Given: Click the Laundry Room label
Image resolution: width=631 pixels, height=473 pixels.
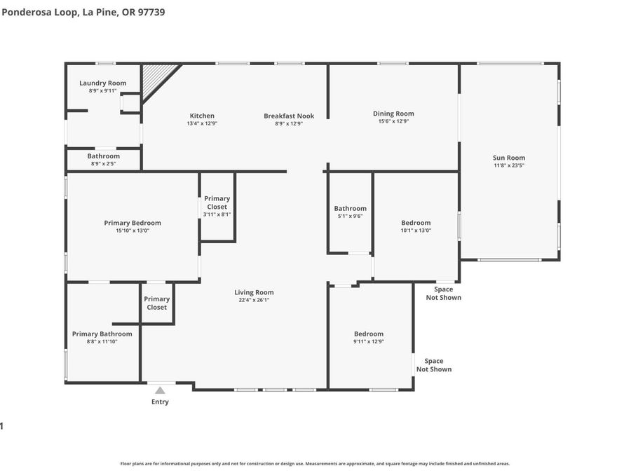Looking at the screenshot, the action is pos(102,83).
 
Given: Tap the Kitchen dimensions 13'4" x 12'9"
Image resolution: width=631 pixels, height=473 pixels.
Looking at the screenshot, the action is pos(202,123).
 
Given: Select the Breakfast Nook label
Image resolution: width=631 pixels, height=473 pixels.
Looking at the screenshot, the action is pos(289,116).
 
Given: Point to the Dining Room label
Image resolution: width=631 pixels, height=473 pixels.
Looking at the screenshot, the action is pos(393,114).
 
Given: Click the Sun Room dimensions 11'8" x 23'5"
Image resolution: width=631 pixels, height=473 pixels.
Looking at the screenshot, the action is pos(509,165).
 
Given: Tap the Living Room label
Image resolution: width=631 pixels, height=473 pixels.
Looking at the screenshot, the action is pos(254,292).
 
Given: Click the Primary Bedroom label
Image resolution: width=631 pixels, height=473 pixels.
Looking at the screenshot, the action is pos(133,223).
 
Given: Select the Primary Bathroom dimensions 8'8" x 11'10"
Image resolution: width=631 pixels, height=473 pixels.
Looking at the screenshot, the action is pos(102,341).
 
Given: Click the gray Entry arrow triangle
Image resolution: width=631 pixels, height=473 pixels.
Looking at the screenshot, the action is pos(160,390).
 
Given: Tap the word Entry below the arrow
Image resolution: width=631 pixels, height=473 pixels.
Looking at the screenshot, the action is pos(160,402).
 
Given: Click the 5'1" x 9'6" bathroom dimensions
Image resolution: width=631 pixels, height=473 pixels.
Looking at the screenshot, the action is pos(350,216).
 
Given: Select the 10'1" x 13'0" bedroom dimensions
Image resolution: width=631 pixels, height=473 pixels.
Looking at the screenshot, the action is pos(416,231).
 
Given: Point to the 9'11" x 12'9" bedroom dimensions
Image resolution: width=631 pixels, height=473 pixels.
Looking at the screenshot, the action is pos(369,341).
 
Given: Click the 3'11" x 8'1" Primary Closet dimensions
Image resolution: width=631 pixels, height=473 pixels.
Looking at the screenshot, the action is pos(217,214).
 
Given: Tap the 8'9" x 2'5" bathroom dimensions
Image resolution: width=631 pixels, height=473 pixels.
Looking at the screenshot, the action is pos(104,164).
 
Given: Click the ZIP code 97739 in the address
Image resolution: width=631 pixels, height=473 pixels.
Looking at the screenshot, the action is pos(151,12).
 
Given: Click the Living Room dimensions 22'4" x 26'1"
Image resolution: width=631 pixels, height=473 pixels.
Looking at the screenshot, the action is pos(254,300).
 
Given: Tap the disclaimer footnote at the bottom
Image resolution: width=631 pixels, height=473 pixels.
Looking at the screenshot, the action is pos(315,464).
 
